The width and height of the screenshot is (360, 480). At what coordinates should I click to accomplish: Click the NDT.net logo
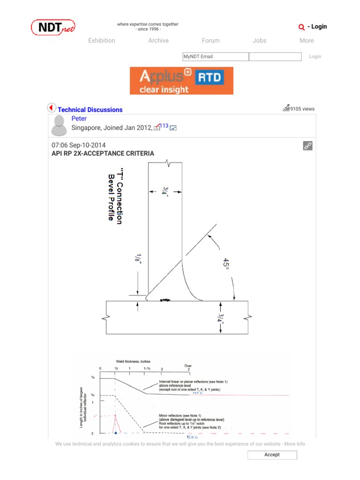(x=53, y=27)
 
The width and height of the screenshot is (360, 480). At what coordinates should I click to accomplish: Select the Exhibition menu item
(x=101, y=41)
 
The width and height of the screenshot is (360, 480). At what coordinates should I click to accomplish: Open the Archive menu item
(x=158, y=41)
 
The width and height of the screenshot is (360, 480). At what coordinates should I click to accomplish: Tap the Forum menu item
(x=210, y=41)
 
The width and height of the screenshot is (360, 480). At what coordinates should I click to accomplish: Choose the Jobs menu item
(x=259, y=41)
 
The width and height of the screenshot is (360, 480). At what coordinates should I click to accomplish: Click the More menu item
(x=307, y=41)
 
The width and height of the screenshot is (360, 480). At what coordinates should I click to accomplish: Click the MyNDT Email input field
(x=216, y=57)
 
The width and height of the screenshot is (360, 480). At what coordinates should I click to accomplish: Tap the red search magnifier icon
(x=301, y=27)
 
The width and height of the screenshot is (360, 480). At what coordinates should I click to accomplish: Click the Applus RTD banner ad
(x=181, y=81)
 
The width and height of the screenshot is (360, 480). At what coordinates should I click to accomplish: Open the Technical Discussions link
(x=90, y=110)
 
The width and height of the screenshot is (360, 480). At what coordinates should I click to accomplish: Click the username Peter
(x=79, y=119)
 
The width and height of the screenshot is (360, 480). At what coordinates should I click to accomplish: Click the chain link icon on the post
(x=307, y=146)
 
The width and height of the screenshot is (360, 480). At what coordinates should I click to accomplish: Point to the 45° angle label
(x=226, y=264)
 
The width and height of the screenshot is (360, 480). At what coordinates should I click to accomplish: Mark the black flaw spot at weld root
(x=165, y=299)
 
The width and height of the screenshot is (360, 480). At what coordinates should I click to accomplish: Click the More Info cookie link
(x=294, y=444)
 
